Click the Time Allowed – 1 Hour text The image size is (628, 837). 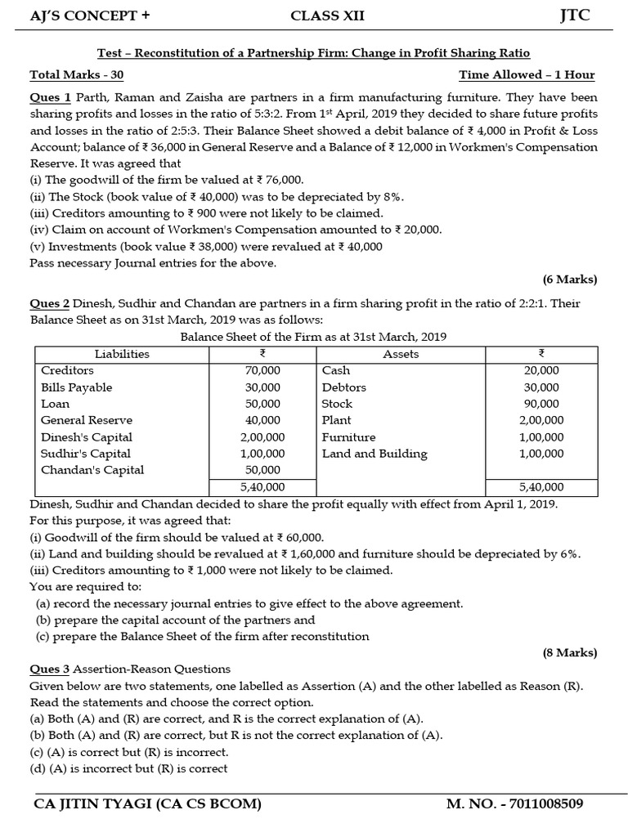[527, 75]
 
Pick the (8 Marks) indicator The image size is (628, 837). [570, 652]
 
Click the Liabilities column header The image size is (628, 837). [122, 354]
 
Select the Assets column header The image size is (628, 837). [401, 354]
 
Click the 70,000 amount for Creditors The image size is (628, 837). [262, 371]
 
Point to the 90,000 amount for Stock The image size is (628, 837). [541, 404]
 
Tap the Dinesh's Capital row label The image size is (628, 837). [87, 437]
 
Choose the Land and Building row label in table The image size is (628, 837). [375, 454]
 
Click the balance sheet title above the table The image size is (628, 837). [313, 337]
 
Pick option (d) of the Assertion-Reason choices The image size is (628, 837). [129, 768]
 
